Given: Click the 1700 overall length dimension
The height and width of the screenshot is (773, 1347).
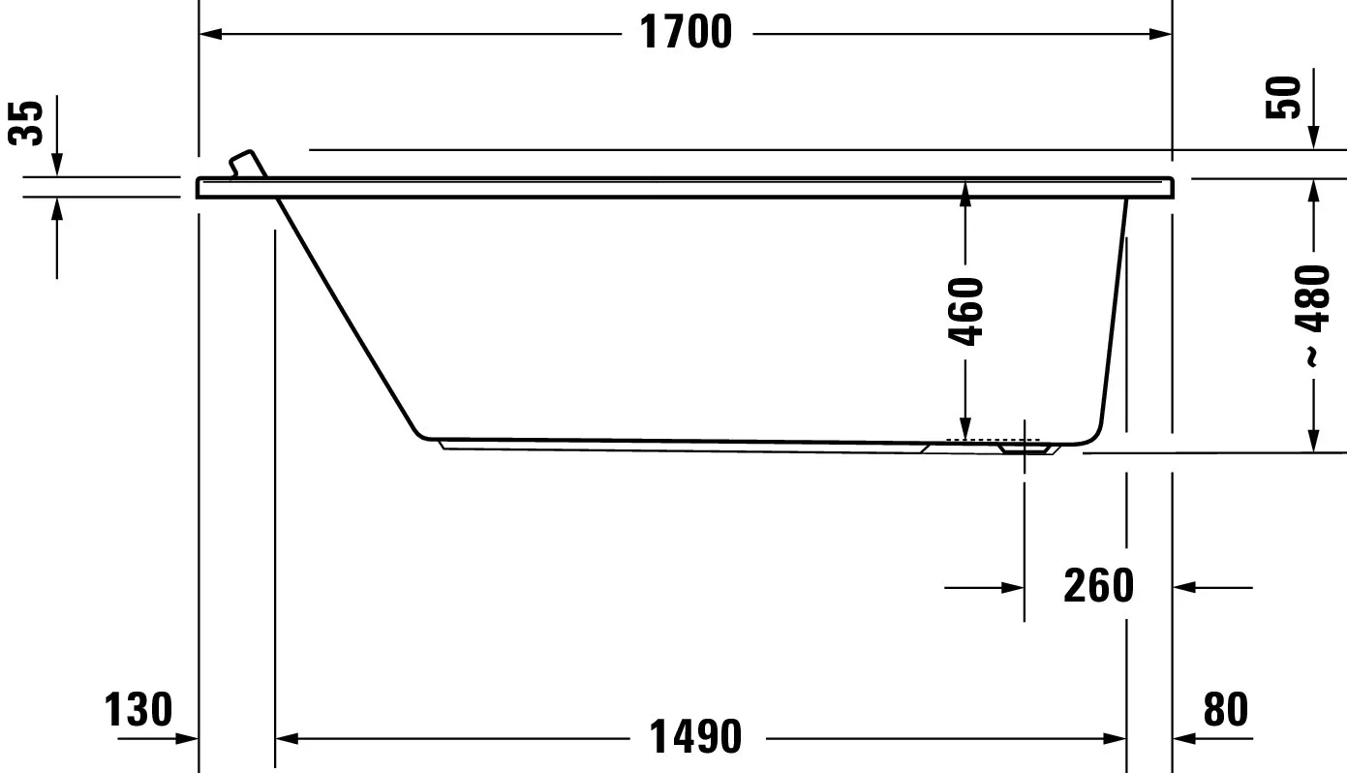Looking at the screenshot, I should [686, 33].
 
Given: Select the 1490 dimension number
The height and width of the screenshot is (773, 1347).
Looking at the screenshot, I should [694, 738].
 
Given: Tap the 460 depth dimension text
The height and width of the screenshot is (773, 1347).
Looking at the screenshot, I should [965, 312].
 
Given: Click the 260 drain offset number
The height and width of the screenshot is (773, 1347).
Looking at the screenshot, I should [1098, 586].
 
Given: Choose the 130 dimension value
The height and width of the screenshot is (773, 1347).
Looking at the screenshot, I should [139, 710].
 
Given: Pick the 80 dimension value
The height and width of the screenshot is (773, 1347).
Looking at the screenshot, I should [1225, 710].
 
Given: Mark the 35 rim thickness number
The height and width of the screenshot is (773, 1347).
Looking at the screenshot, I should [31, 123].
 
